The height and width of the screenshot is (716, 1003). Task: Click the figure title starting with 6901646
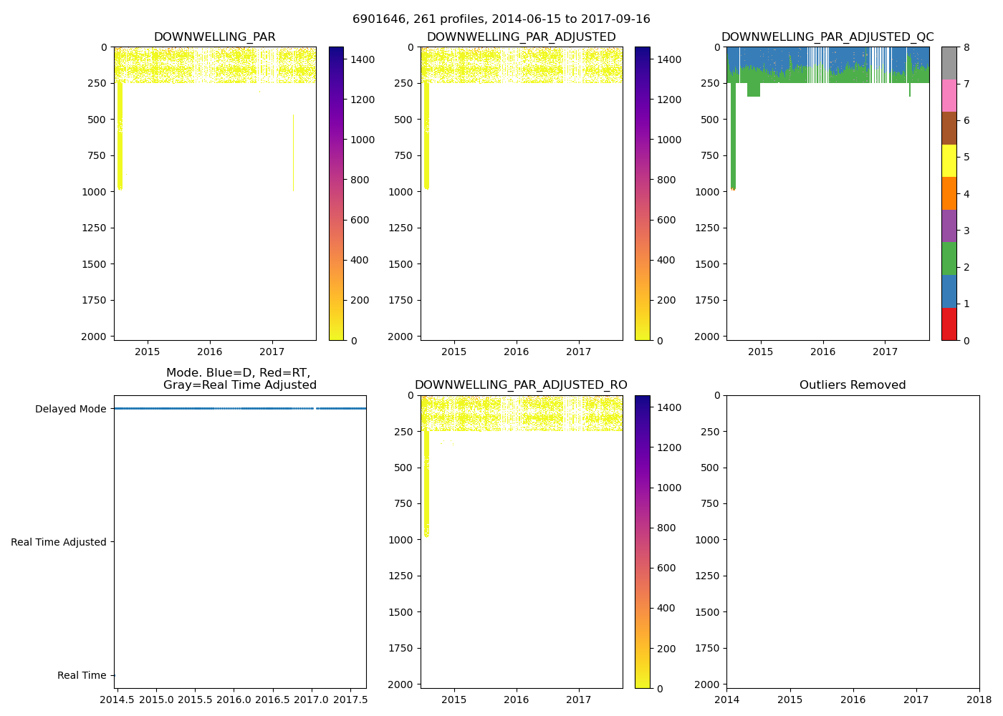501,19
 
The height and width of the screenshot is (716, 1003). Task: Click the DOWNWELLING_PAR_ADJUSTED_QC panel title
827,37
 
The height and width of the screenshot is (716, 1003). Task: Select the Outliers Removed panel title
853,385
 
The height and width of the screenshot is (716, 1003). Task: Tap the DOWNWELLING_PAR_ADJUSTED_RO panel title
521,385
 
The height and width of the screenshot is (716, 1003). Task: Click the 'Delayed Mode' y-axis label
70,409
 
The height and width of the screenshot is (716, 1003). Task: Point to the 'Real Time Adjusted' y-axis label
59,542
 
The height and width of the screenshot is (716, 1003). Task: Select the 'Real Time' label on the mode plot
82,675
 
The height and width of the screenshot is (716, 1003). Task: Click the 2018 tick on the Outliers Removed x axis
979,700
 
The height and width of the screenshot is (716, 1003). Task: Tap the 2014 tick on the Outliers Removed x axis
727,700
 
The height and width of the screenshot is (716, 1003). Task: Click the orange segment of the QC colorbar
949,193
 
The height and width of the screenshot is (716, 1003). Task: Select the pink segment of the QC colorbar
949,96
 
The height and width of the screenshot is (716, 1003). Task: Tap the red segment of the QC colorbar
949,324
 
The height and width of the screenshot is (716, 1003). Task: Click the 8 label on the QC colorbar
966,47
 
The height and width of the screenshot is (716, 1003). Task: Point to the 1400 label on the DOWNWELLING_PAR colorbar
362,59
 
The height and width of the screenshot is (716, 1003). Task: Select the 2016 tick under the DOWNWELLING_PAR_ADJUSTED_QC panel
823,352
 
